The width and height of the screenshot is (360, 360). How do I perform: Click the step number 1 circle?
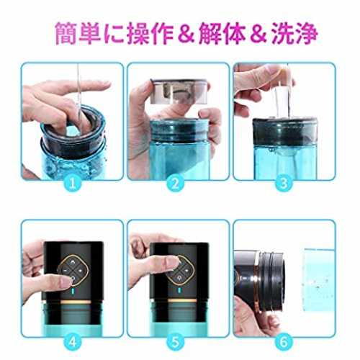pos(73,184)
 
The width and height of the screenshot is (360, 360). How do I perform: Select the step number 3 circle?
pos(284,184)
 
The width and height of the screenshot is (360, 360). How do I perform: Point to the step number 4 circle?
pos(73,341)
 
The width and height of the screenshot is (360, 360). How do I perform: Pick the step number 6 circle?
pos(284,341)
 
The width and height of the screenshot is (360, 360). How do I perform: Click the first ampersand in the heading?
pos(186,34)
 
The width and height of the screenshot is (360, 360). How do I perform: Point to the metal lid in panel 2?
pos(178,91)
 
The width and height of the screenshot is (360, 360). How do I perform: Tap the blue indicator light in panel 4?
pos(73,292)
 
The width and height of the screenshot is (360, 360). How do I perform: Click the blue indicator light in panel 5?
pos(179,292)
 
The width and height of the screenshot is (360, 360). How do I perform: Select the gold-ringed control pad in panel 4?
pos(73,270)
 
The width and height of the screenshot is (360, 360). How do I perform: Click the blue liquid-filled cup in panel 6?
pos(319,279)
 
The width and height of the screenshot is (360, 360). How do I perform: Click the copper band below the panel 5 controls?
pos(178,301)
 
